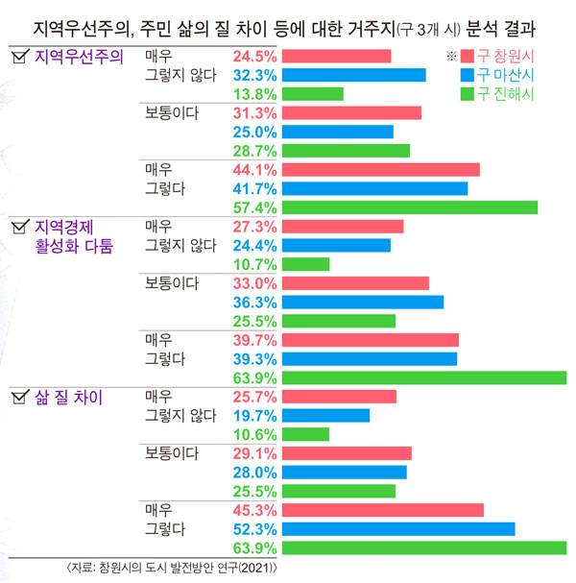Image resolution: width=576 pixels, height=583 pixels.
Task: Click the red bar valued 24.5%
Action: pos(338,56)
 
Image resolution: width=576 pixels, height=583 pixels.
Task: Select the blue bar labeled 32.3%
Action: pos(355,75)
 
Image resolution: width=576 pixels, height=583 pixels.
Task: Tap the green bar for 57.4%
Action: pos(411,207)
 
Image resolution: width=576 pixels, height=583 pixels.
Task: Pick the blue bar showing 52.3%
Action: pos(399,529)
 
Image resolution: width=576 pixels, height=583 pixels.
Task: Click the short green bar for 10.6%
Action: pos(306,434)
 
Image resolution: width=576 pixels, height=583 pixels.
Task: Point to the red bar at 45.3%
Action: pos(384,510)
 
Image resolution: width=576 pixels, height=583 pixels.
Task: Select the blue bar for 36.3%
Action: pos(364,303)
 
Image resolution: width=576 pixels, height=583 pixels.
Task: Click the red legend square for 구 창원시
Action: pos(468,57)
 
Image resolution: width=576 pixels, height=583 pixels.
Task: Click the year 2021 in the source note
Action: pos(265,568)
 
